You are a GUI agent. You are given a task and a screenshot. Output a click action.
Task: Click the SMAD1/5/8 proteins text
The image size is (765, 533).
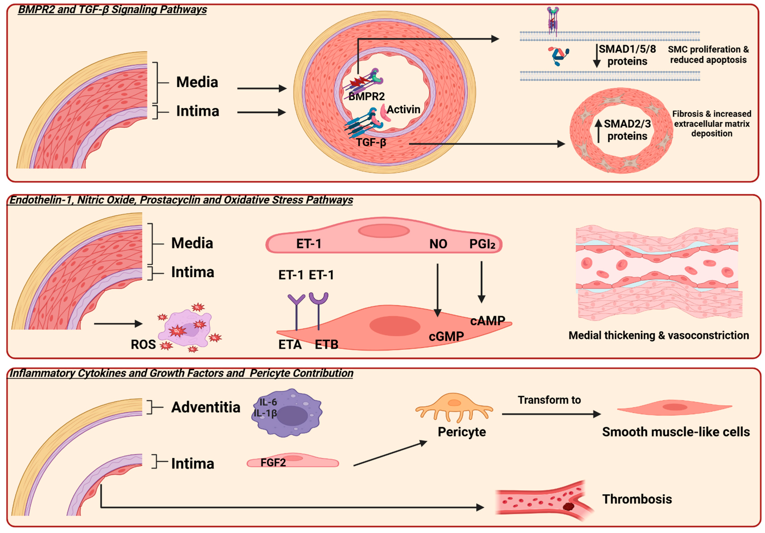tap(627, 55)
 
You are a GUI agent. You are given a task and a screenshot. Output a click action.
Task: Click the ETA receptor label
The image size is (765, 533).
tap(290, 344)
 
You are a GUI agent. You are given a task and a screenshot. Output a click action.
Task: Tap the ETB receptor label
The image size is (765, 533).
tap(326, 344)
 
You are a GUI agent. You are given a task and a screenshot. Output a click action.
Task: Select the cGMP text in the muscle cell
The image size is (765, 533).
tap(446, 336)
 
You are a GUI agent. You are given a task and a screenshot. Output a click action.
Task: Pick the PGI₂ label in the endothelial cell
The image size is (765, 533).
tap(482, 244)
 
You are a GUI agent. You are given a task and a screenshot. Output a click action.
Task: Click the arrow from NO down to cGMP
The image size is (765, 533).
tap(437, 290)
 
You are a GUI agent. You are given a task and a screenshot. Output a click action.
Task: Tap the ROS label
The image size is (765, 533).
tap(143, 344)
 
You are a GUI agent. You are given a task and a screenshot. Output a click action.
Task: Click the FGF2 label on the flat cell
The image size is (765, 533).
tap(273, 463)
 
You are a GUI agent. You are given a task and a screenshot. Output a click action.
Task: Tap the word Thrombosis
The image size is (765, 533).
tap(637, 499)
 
